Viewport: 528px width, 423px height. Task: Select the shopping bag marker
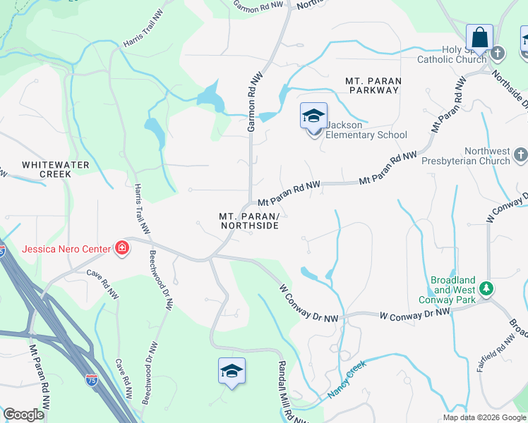[479, 38]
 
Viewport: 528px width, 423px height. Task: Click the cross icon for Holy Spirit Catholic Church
[498, 53]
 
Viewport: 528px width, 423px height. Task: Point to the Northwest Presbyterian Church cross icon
[520, 154]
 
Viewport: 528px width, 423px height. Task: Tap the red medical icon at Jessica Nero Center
[121, 248]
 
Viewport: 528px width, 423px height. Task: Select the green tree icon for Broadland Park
[485, 288]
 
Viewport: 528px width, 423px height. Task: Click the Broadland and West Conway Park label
[454, 290]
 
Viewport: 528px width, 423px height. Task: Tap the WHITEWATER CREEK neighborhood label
[46, 168]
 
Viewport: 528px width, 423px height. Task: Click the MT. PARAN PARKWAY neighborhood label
[373, 85]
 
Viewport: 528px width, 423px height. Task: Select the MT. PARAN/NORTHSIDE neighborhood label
[249, 221]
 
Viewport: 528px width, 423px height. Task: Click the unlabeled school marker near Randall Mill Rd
[231, 371]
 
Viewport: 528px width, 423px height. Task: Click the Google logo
[23, 415]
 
